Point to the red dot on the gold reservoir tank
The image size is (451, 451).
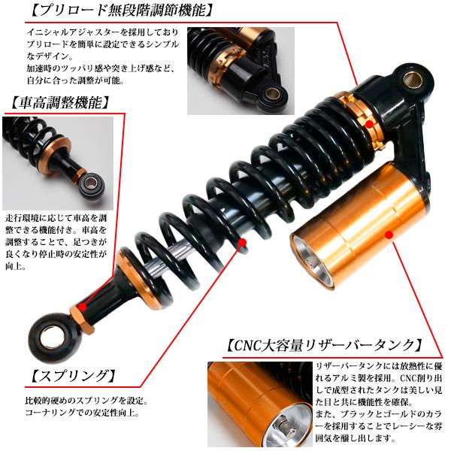[389, 235]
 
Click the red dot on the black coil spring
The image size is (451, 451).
[242, 243]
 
